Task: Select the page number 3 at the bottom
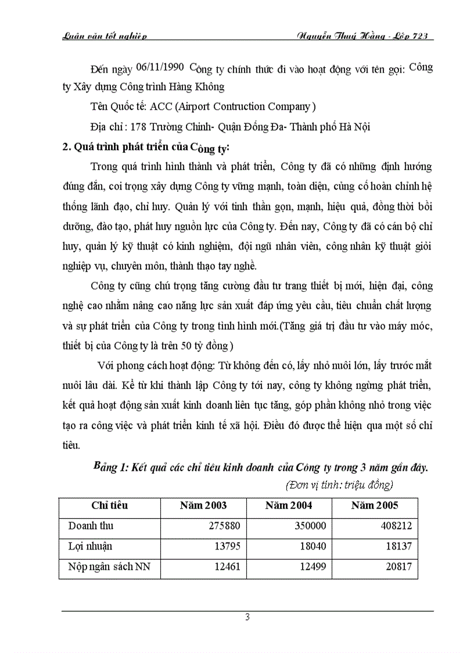pyautogui.click(x=247, y=618)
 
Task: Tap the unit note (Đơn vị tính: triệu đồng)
pyautogui.click(x=340, y=484)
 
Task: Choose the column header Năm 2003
pyautogui.click(x=203, y=505)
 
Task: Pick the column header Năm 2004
pyautogui.click(x=289, y=505)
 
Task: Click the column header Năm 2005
pyautogui.click(x=375, y=505)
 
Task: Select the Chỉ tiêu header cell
pyautogui.click(x=110, y=505)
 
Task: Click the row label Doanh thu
pyautogui.click(x=91, y=526)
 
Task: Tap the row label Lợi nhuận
pyautogui.click(x=90, y=546)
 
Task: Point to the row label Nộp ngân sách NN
pyautogui.click(x=109, y=567)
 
